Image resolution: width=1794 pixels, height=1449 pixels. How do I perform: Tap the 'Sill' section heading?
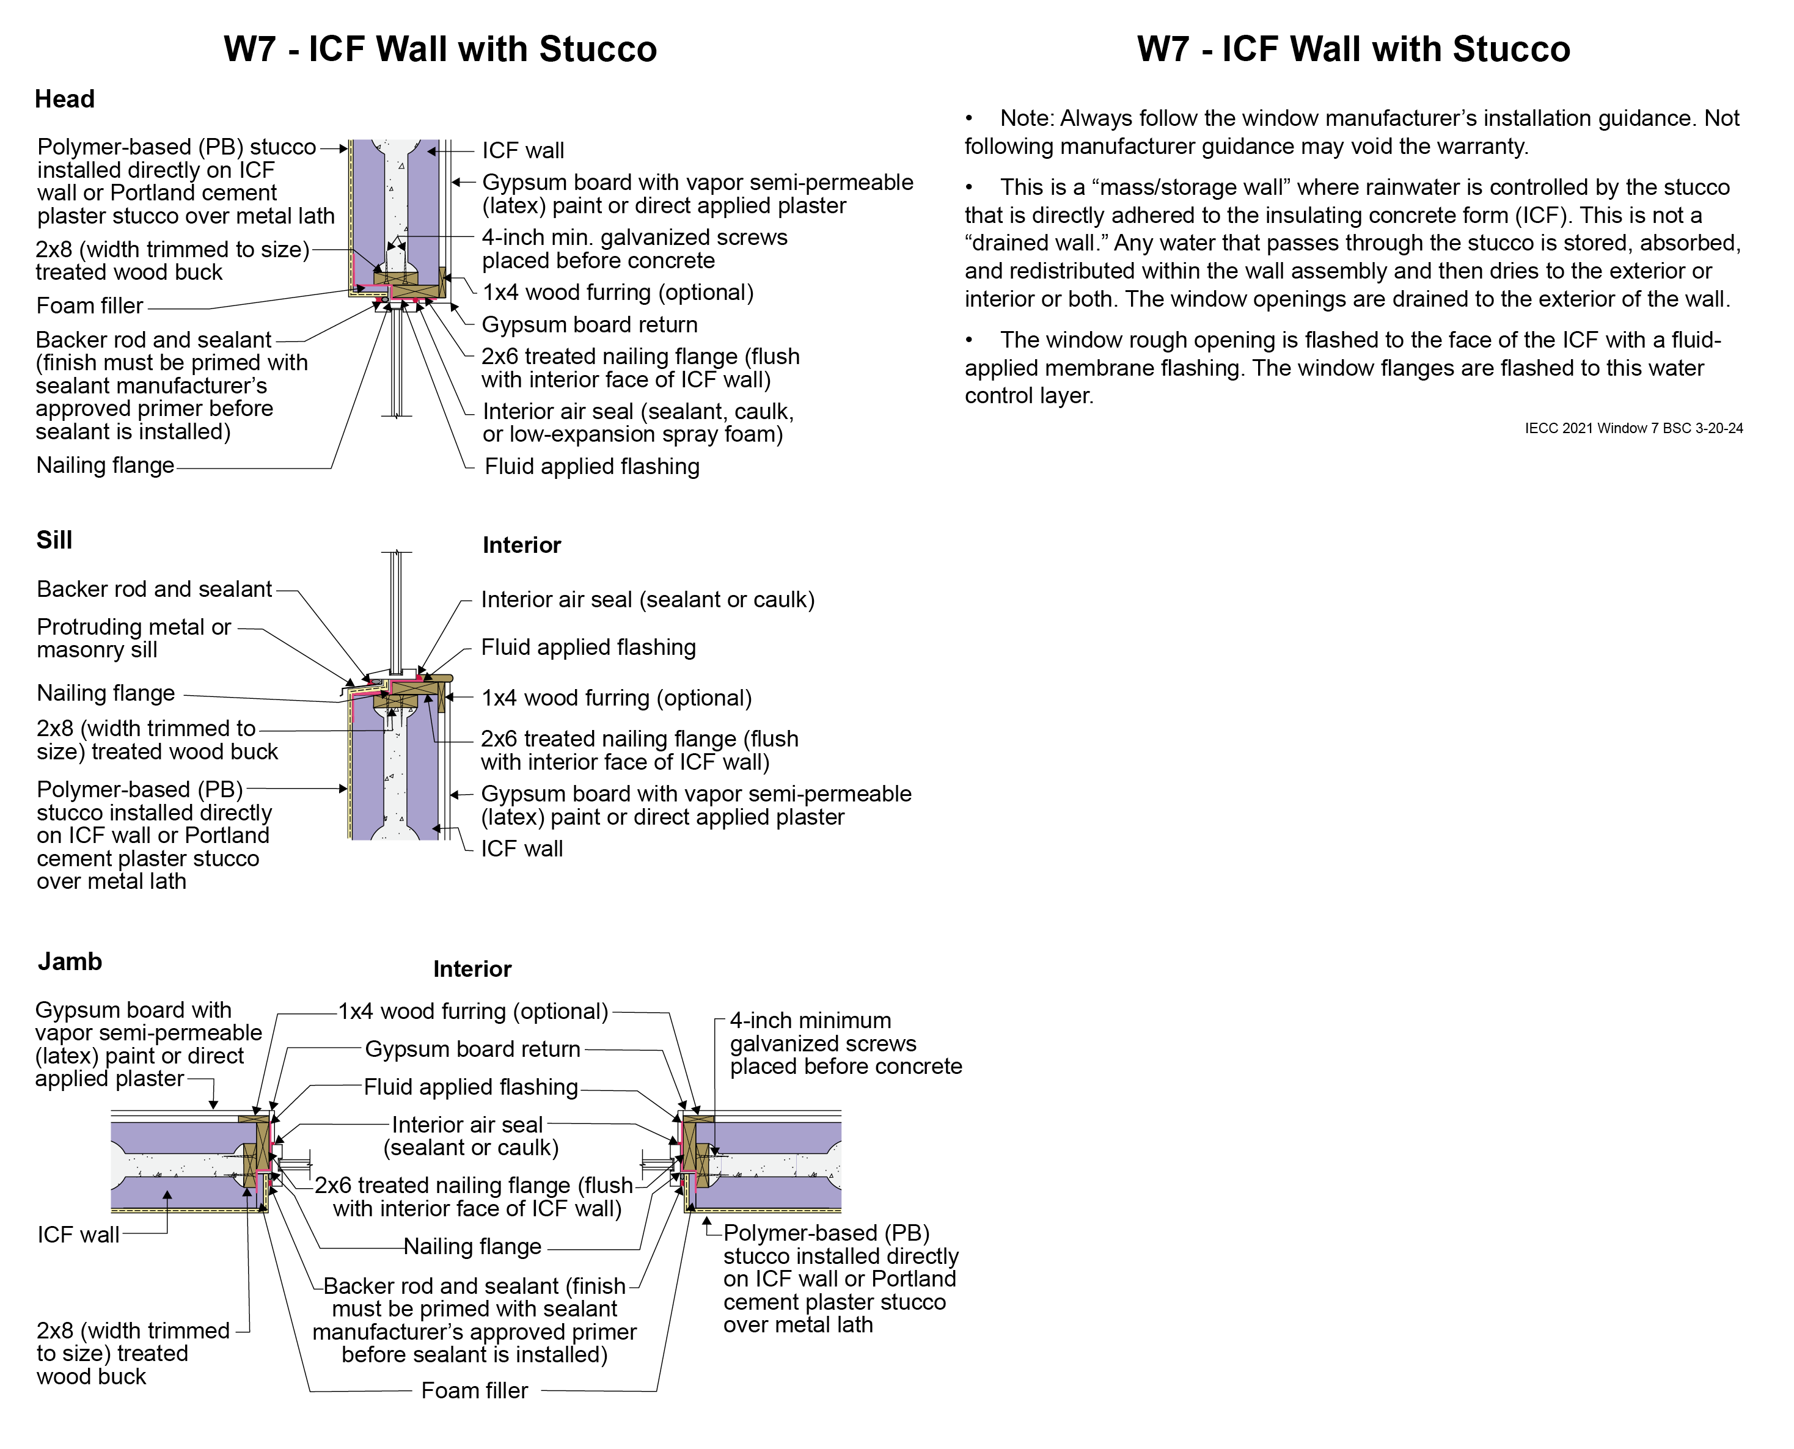pyautogui.click(x=54, y=540)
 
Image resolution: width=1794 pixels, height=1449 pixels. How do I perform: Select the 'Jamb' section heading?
pyautogui.click(x=70, y=962)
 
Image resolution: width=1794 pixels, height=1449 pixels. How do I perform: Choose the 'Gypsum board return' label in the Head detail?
pyautogui.click(x=590, y=325)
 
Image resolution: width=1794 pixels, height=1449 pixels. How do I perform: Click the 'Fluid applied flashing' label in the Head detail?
pyautogui.click(x=592, y=467)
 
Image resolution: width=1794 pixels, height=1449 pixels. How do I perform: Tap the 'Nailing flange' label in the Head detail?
pyautogui.click(x=105, y=465)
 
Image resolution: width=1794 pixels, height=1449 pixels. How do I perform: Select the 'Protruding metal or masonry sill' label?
pyautogui.click(x=134, y=638)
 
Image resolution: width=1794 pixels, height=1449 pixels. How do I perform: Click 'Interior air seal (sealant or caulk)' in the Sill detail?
pyautogui.click(x=648, y=599)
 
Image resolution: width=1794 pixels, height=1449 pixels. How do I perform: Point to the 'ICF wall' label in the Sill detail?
pyautogui.click(x=522, y=849)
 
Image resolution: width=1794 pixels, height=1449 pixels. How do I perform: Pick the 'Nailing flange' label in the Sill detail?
pyautogui.click(x=106, y=693)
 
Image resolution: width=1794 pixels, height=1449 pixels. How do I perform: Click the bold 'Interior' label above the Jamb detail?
pyautogui.click(x=472, y=969)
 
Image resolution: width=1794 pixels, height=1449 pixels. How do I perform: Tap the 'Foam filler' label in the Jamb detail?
pyautogui.click(x=474, y=1390)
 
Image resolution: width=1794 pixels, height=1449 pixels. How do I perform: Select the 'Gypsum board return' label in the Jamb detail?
pyautogui.click(x=472, y=1049)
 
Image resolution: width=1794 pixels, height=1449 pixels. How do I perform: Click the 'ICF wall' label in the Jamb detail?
pyautogui.click(x=78, y=1235)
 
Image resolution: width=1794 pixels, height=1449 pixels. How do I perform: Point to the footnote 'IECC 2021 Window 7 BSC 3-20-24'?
pyautogui.click(x=1634, y=428)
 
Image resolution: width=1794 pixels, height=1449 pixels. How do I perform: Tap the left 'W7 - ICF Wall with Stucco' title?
pyautogui.click(x=440, y=49)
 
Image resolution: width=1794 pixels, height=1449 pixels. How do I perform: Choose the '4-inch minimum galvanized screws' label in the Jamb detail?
pyautogui.click(x=846, y=1043)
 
